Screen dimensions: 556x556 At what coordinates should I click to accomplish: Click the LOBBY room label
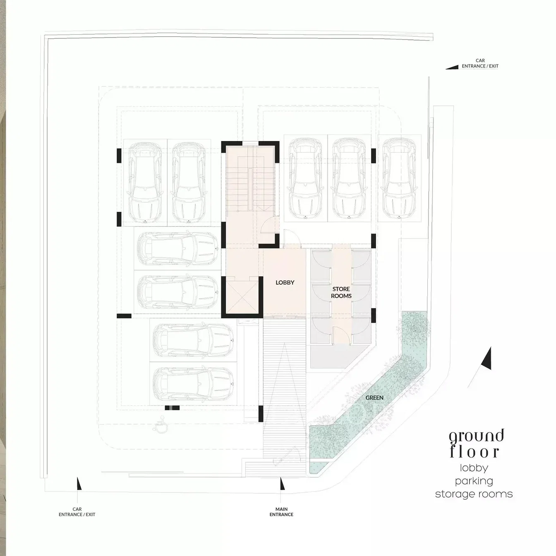click(285, 283)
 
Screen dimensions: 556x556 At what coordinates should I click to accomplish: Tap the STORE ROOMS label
click(341, 292)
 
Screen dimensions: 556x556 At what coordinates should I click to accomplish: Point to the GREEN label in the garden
click(374, 398)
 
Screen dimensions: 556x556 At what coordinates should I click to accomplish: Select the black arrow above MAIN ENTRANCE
click(283, 484)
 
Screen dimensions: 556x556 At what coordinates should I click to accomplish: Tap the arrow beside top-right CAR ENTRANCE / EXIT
click(452, 67)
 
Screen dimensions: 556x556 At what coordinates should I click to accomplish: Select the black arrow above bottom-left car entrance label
click(79, 484)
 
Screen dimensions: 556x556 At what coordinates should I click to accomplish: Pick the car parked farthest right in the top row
click(399, 178)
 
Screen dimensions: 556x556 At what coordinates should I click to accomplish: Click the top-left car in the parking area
click(145, 182)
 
